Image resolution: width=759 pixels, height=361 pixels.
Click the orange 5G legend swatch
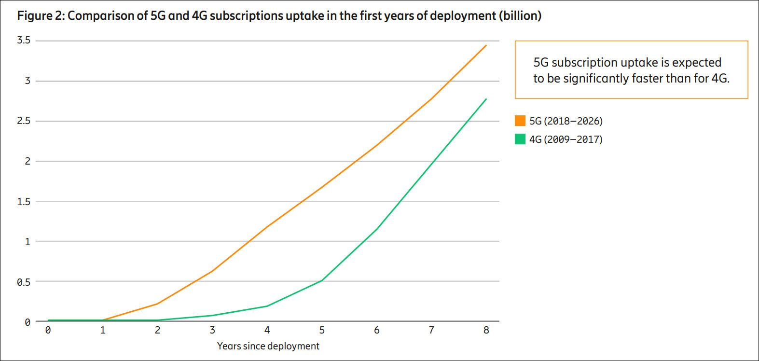pos(520,121)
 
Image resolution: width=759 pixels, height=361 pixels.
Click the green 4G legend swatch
pos(520,139)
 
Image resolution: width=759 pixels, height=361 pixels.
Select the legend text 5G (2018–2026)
pos(566,121)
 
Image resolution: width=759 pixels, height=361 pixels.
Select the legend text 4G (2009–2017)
pos(566,139)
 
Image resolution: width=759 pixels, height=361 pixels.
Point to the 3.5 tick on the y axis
pos(24,40)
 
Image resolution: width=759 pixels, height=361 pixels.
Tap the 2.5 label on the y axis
pos(24,121)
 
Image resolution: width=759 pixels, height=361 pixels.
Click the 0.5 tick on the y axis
pos(24,282)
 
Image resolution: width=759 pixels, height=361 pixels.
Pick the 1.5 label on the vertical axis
pos(24,201)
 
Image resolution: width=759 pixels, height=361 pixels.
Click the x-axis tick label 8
pos(486,330)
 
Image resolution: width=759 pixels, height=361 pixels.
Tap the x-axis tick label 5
pos(322,330)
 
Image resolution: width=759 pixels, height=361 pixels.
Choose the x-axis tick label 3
pos(212,330)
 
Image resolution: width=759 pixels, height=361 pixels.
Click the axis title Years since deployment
pos(268,346)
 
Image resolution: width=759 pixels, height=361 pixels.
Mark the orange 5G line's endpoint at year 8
pos(486,45)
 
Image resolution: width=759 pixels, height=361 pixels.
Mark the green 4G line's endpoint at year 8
pos(486,99)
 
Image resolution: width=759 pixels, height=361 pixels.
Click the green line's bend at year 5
pos(322,280)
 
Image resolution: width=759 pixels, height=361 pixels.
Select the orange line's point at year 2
pos(157,304)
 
